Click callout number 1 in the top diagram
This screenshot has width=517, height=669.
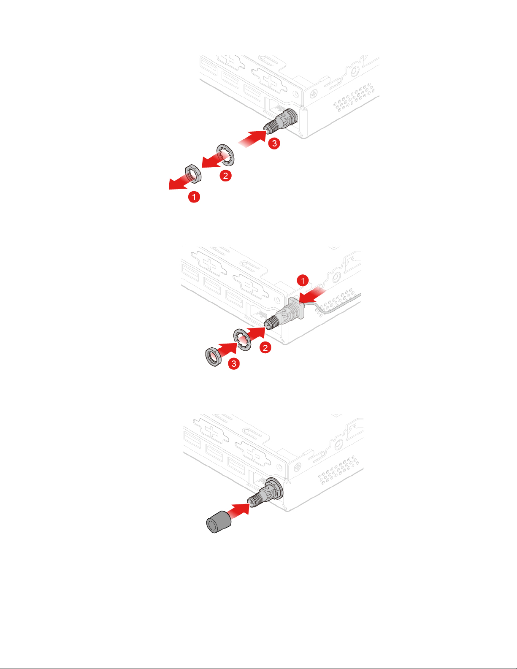click(x=194, y=197)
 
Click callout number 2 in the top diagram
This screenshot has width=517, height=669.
click(x=225, y=176)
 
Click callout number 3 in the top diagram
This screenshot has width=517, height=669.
click(x=274, y=143)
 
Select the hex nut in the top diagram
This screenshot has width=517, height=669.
click(x=193, y=173)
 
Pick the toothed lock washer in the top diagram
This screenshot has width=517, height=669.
click(x=225, y=154)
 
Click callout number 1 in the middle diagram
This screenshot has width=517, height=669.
click(x=303, y=280)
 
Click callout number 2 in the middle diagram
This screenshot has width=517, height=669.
click(x=265, y=347)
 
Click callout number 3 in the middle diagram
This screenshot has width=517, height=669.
click(x=234, y=363)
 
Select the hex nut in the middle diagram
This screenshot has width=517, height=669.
click(x=214, y=356)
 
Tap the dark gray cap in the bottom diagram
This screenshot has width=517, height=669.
click(x=219, y=522)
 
